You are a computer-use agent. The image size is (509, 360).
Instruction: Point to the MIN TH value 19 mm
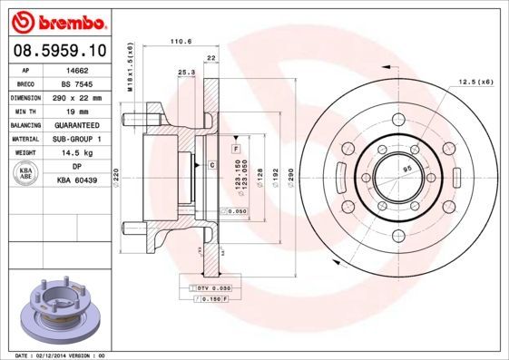pos(78,111)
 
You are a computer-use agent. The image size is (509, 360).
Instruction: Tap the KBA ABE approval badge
pos(26,173)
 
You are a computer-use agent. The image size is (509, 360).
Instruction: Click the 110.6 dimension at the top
pos(182,41)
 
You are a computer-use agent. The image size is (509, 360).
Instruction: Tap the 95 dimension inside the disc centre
pos(406,169)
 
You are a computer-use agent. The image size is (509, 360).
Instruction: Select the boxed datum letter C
pos(210,164)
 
